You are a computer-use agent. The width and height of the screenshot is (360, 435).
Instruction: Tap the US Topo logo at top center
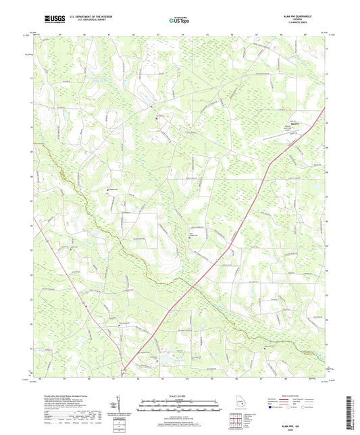[179, 20]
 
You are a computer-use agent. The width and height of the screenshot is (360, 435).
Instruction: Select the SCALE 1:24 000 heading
[180, 396]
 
